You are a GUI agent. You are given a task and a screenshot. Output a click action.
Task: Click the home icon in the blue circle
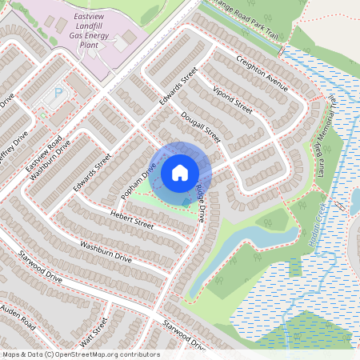point(180,173)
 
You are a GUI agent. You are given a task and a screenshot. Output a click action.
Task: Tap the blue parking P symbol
point(58,94)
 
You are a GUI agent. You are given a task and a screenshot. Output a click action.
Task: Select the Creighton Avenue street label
point(261,70)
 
